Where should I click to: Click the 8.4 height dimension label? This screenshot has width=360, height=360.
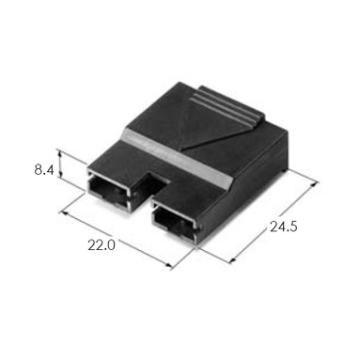point(44,170)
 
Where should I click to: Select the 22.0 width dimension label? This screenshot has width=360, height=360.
point(102,245)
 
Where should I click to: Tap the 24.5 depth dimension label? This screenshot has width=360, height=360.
point(283,227)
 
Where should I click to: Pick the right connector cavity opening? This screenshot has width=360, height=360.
point(174,223)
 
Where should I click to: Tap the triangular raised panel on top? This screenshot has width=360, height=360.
point(204,125)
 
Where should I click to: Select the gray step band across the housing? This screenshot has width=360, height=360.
point(178,157)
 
